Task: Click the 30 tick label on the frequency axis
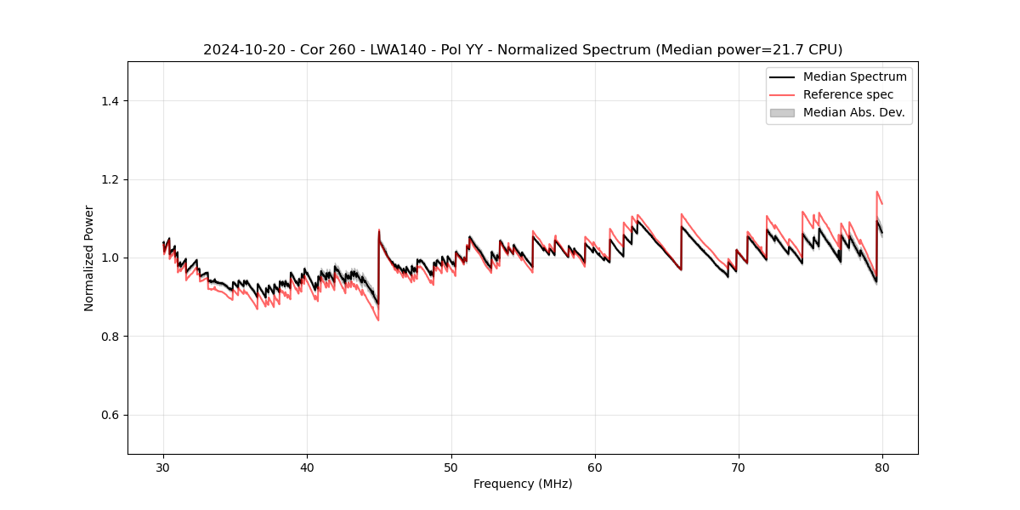(164, 467)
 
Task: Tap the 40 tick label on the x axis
(308, 467)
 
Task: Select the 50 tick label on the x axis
(451, 467)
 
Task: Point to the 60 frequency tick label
(595, 467)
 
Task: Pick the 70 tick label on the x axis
(739, 467)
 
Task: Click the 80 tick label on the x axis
(882, 467)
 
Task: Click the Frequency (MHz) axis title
(523, 484)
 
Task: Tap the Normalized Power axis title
(89, 258)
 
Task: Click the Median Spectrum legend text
(854, 76)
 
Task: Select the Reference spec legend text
(848, 94)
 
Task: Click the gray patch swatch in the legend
(782, 112)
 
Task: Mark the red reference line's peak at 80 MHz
(876, 192)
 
